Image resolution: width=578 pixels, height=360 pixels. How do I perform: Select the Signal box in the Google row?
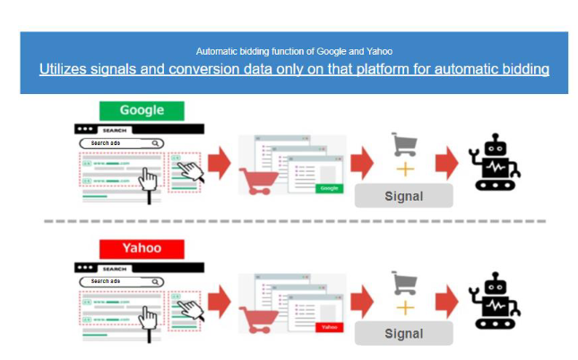(x=402, y=195)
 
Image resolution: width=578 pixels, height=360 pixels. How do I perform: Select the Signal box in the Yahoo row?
(x=402, y=333)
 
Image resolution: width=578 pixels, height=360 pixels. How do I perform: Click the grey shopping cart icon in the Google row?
(x=404, y=143)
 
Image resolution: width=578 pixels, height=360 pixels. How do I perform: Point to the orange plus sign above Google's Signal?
(x=404, y=169)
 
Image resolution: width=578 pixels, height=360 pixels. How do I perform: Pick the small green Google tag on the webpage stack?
(x=329, y=188)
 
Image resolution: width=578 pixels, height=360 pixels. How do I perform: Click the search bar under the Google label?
(x=121, y=142)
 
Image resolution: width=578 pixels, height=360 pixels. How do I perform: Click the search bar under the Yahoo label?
(x=121, y=280)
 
